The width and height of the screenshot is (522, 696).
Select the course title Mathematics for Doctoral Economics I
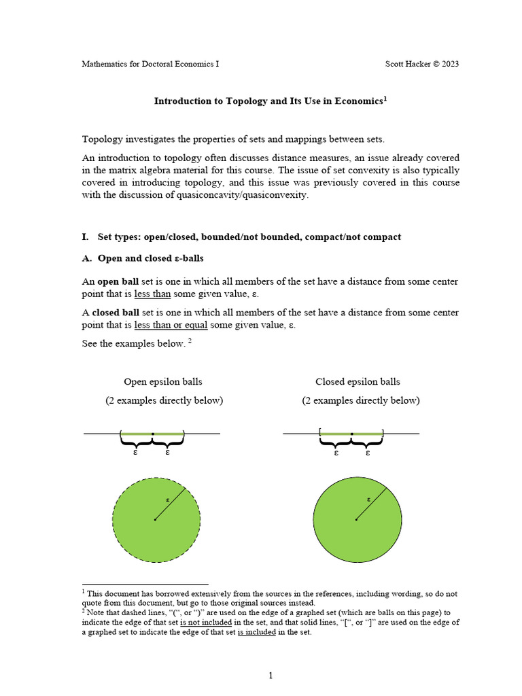(150, 64)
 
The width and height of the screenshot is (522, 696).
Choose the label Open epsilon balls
(163, 382)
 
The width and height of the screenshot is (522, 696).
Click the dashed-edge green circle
(136, 537)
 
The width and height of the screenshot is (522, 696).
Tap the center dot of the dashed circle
(155, 520)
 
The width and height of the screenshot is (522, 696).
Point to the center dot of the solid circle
(356, 520)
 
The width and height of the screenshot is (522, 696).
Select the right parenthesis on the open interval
(184, 433)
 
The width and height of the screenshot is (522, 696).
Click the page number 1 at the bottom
(270, 676)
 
